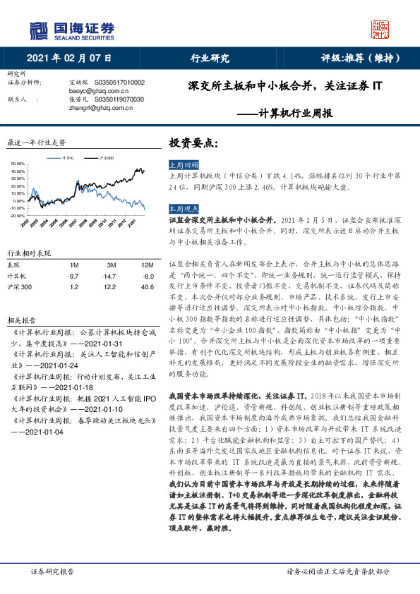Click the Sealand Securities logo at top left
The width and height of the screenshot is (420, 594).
(x=71, y=30)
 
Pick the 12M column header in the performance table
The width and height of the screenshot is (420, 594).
(x=147, y=265)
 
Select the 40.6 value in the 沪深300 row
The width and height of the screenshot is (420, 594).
(x=147, y=287)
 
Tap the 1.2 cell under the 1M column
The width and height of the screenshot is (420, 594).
(x=73, y=287)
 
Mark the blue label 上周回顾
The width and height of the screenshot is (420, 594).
(x=181, y=164)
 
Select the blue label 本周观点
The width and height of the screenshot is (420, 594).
(x=181, y=210)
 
